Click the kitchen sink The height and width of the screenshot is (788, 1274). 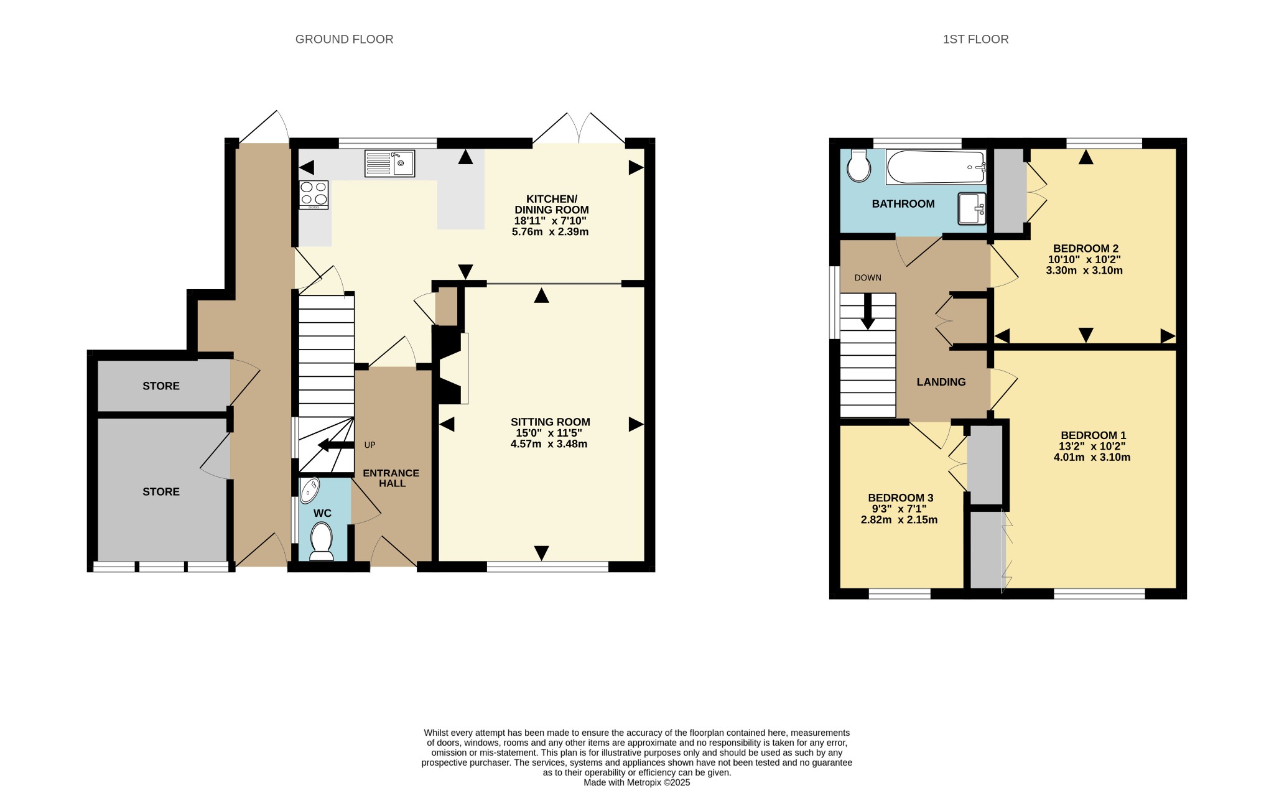click(389, 163)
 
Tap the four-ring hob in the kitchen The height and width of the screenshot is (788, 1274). click(314, 194)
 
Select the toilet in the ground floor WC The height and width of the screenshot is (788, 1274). click(322, 541)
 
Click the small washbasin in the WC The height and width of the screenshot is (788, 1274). click(309, 490)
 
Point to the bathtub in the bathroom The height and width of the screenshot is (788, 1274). click(936, 167)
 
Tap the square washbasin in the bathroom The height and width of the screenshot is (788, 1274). click(972, 208)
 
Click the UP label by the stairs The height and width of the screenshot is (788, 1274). click(370, 445)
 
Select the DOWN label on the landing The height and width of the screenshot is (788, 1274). click(868, 277)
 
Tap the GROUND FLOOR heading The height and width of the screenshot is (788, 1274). click(344, 39)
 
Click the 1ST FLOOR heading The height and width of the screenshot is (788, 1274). click(975, 39)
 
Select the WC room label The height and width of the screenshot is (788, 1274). click(322, 513)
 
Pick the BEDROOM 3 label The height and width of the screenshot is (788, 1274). click(900, 498)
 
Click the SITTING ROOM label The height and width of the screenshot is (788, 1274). click(550, 422)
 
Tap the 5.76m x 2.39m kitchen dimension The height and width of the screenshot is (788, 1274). click(550, 232)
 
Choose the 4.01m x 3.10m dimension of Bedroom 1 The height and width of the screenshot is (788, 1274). click(1092, 457)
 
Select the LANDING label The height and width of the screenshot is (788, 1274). click(941, 382)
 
